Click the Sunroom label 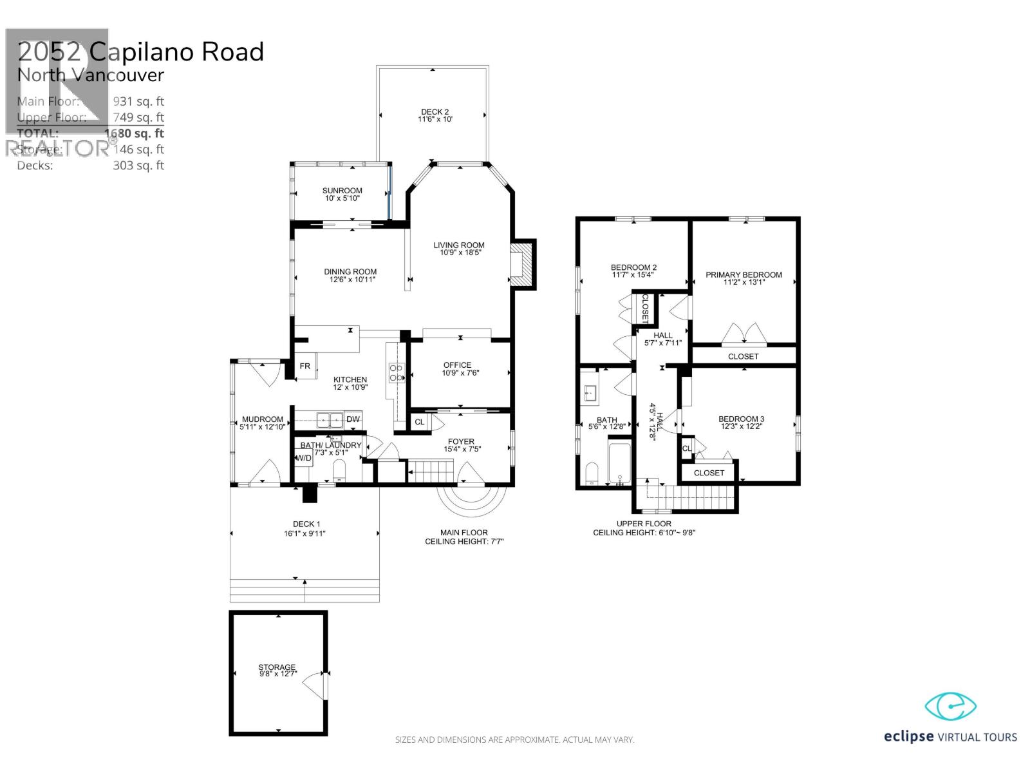(x=342, y=191)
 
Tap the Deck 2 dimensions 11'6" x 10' (x=435, y=120)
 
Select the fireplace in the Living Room (x=523, y=264)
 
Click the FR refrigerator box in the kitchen (x=305, y=366)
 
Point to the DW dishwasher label (x=353, y=419)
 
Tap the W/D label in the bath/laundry (x=304, y=458)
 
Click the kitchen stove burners (x=396, y=372)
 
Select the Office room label (x=457, y=365)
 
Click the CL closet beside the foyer (x=420, y=422)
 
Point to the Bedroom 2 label (x=633, y=267)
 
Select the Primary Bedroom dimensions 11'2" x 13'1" (x=744, y=282)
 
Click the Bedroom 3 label (x=741, y=419)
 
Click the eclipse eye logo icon (x=951, y=707)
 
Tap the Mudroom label (x=262, y=419)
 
